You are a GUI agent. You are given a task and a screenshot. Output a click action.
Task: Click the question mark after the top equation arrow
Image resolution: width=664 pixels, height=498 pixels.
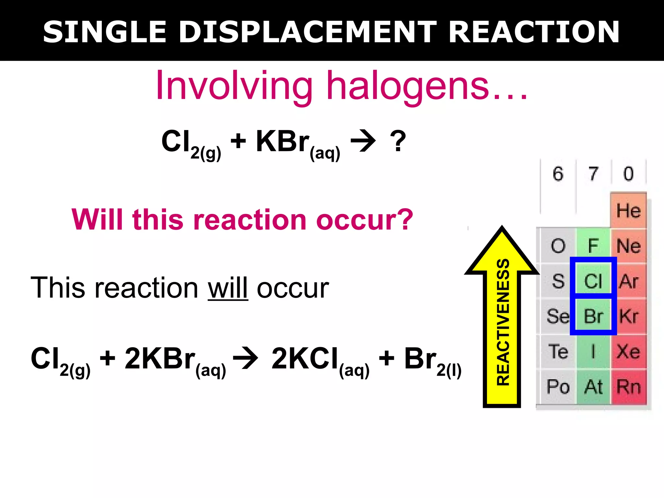point(398,141)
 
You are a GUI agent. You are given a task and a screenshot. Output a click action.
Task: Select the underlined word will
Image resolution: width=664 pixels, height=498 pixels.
point(228,288)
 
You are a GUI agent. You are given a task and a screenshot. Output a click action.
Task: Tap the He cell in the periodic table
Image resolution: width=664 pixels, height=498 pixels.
point(628,211)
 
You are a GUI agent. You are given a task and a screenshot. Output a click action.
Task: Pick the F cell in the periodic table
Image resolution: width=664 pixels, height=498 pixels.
point(593,245)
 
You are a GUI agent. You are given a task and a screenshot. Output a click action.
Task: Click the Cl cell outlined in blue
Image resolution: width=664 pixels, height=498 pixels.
point(593,280)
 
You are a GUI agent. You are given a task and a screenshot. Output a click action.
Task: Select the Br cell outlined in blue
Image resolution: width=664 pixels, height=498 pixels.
point(593,316)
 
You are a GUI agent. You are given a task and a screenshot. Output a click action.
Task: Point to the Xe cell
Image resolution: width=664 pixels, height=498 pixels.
point(628,351)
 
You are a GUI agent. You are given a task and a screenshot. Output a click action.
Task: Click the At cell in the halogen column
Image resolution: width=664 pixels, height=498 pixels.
point(593,386)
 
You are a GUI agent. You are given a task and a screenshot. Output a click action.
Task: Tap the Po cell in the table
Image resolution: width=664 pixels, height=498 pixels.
point(558,386)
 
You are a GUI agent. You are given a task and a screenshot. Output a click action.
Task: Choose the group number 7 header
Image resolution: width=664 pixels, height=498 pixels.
point(593,174)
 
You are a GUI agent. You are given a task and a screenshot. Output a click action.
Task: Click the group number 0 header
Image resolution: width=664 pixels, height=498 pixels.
point(628,174)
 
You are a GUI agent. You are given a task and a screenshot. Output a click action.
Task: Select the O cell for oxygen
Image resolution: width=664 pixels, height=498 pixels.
point(558,245)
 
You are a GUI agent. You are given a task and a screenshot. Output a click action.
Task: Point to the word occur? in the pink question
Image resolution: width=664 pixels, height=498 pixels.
point(364,220)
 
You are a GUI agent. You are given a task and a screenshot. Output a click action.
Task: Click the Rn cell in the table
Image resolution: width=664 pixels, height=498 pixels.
point(628,386)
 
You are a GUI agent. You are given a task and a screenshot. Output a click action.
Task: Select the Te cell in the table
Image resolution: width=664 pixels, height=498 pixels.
point(558,351)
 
